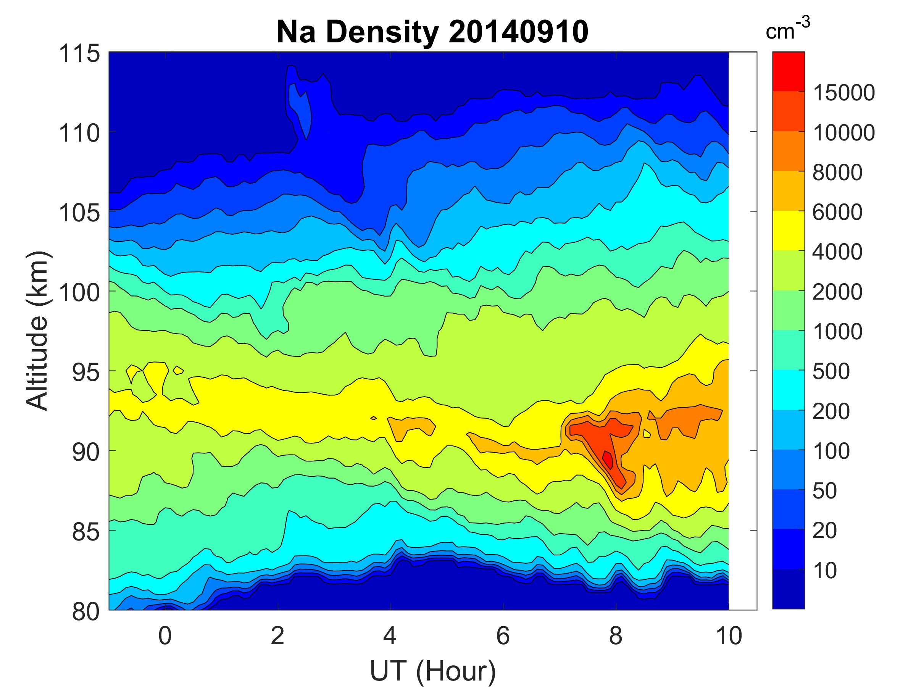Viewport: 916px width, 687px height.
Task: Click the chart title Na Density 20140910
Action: (x=432, y=32)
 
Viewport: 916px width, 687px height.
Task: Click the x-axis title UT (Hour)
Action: (x=432, y=671)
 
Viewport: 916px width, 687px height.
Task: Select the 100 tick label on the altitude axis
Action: (x=79, y=292)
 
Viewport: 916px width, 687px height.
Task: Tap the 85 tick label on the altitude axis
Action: (x=86, y=532)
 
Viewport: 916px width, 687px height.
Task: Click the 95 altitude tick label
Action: (x=86, y=372)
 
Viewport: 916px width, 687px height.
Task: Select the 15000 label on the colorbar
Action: (x=844, y=92)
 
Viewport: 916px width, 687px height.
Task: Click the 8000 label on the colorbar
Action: (x=837, y=172)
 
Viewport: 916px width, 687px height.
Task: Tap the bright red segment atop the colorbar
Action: (x=789, y=71)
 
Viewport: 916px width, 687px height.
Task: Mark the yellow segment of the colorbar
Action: (x=789, y=231)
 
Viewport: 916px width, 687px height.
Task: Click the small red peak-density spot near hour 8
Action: (x=608, y=459)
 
